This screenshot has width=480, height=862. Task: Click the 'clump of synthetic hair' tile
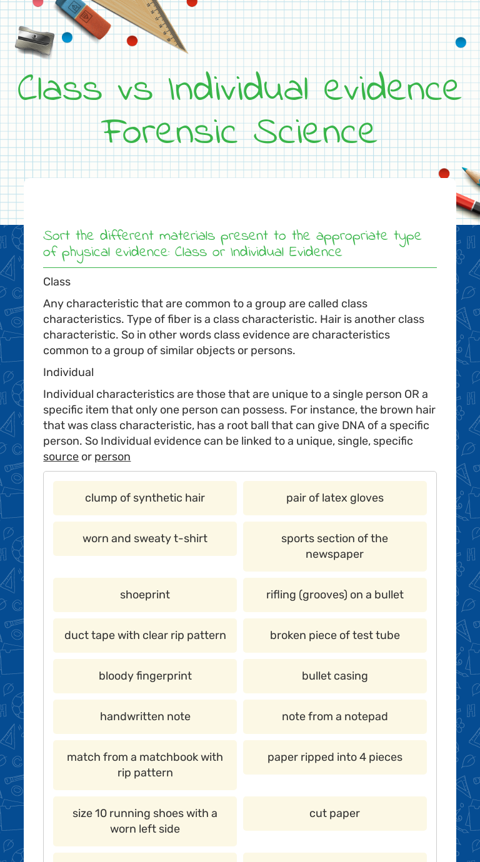coord(145,498)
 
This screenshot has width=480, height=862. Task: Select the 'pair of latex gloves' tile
coord(334,498)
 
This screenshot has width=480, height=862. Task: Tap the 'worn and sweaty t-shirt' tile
coord(145,538)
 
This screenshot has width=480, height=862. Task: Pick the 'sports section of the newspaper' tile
coord(334,546)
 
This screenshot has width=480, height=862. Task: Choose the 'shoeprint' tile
coord(145,595)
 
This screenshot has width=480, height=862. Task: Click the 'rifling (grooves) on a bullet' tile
coord(334,595)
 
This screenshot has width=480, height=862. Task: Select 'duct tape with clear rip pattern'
coord(145,635)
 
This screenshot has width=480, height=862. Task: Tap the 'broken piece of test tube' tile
coord(334,635)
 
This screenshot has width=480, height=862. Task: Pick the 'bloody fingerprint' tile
coord(145,676)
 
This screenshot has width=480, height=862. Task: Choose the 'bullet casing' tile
coord(334,676)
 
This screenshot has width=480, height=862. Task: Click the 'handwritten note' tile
coord(145,716)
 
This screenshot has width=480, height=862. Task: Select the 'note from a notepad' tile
coord(334,716)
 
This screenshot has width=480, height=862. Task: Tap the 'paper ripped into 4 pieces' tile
coord(334,757)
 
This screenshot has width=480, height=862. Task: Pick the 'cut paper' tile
coord(334,813)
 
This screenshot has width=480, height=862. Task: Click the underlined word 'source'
coord(61,457)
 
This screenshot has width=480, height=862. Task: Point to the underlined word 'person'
coord(112,457)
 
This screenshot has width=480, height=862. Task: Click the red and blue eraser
coord(83,17)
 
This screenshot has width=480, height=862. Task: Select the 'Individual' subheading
coord(68,372)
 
